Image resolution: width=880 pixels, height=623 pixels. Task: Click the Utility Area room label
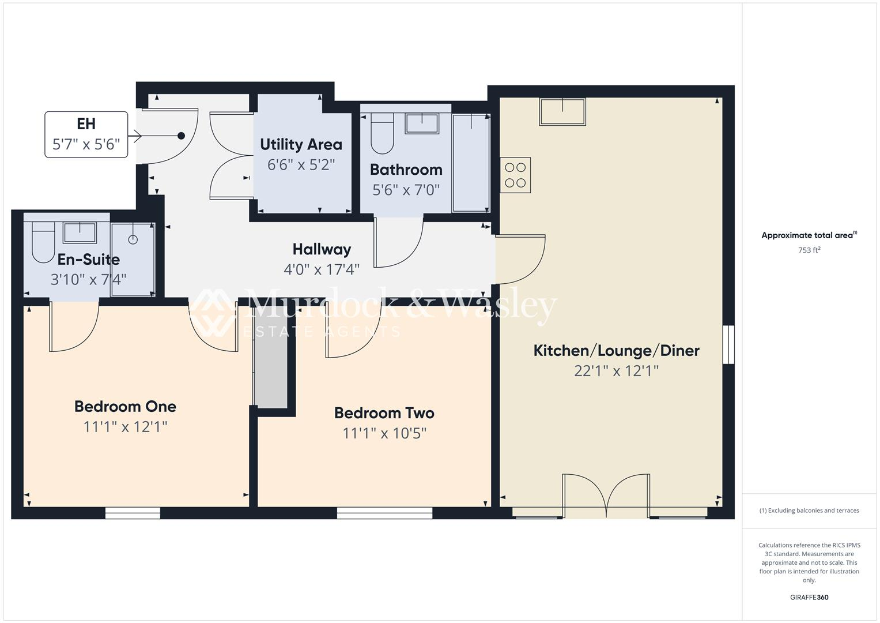301,144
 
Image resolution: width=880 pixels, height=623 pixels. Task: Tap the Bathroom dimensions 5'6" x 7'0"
406,190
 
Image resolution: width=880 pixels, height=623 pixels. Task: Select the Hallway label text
322,249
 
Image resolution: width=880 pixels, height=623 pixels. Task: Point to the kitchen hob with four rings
515,175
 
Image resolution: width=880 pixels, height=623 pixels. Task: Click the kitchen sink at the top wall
562,111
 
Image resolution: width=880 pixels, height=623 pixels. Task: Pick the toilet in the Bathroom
382,134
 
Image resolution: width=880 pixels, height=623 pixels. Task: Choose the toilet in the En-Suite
43,242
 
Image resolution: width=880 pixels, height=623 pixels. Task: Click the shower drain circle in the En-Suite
133,239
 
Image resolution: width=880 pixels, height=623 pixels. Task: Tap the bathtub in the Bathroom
471,163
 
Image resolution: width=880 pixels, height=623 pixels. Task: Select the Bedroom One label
125,406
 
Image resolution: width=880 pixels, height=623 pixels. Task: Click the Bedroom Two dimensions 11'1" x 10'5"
384,433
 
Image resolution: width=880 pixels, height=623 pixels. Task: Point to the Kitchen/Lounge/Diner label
616,350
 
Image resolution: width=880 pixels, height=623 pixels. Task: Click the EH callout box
86,134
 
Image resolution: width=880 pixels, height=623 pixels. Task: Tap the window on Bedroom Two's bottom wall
384,513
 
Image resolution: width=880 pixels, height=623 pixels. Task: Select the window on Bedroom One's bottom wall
133,513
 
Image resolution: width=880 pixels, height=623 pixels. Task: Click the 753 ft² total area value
809,250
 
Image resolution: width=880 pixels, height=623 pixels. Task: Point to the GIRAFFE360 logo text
809,597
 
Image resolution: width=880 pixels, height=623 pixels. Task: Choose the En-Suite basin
80,232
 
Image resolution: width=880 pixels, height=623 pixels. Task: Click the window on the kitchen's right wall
729,344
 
